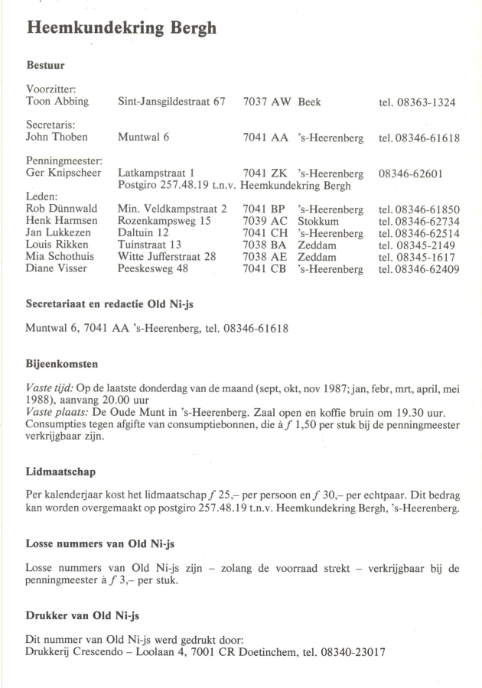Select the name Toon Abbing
(57, 102)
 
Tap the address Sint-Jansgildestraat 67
(171, 102)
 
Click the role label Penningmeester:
(64, 161)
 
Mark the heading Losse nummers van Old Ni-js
(100, 544)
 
